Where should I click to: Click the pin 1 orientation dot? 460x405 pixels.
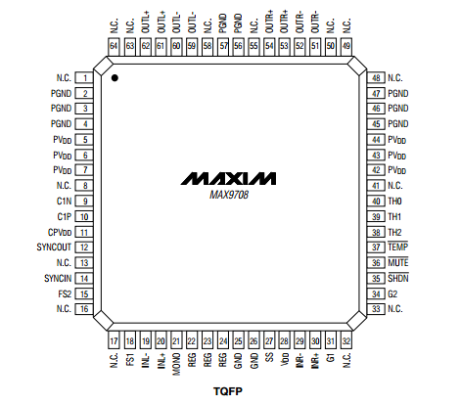point(115,78)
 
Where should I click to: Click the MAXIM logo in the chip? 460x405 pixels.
point(228,179)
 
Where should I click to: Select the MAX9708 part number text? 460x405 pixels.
point(229,195)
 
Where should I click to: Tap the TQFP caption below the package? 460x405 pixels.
point(228,391)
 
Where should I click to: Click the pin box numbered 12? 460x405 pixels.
point(84,247)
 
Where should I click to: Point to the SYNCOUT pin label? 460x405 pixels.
point(54,247)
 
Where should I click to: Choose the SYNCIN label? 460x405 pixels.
point(58,279)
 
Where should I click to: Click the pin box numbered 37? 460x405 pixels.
point(376,247)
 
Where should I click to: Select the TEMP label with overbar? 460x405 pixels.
point(398,247)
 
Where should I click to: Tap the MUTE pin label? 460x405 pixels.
point(398,262)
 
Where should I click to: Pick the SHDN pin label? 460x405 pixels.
point(398,278)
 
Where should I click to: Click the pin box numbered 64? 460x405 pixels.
point(114,46)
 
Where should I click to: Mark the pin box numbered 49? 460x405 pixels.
point(346,46)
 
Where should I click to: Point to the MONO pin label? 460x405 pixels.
point(176,364)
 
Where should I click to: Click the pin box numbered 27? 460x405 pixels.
point(269,340)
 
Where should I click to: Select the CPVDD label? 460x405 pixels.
point(60,233)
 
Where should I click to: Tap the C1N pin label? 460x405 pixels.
point(64,202)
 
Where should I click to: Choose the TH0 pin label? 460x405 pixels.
point(394,202)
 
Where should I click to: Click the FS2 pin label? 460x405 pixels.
point(65,294)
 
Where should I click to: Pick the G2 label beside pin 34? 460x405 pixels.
point(392,294)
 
